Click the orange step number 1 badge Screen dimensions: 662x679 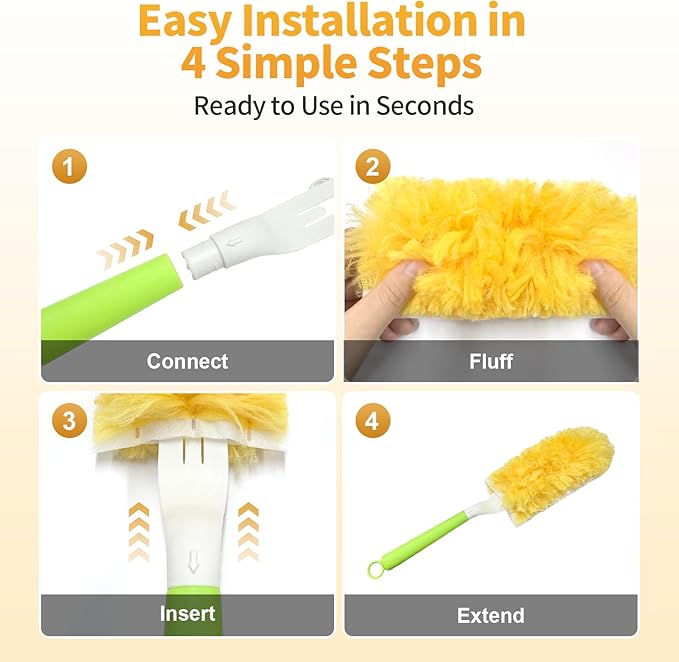(x=68, y=167)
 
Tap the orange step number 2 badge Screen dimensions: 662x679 (x=372, y=167)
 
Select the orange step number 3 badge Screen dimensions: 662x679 (x=68, y=420)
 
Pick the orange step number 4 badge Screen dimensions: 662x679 (x=372, y=420)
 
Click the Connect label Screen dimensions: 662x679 (x=187, y=361)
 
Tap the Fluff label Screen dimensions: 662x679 (x=491, y=361)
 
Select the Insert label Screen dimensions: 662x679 (x=187, y=613)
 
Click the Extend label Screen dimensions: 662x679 (x=491, y=615)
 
